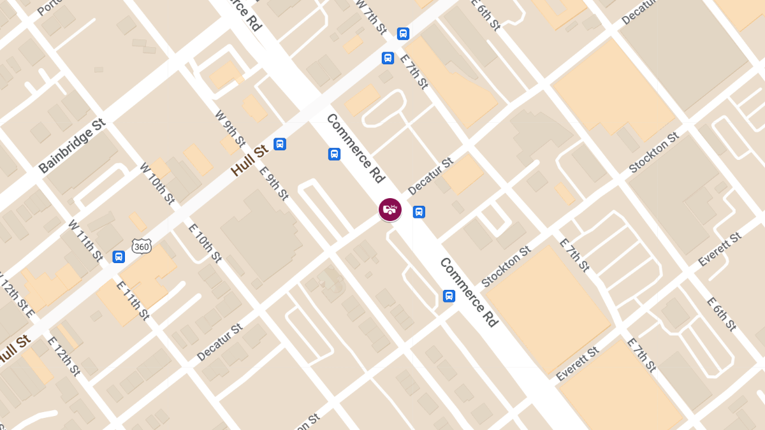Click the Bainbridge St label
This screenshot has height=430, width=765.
tap(71, 145)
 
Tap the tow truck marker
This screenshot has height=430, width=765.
tap(390, 209)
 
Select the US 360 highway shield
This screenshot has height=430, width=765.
tap(142, 245)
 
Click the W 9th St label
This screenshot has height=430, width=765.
tap(230, 127)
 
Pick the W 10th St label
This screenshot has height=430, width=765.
tap(157, 183)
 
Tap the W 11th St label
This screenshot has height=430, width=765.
tap(85, 240)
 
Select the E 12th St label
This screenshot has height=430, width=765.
tap(63, 356)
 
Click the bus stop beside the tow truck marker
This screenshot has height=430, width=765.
tap(419, 211)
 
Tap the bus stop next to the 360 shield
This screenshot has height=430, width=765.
tap(118, 256)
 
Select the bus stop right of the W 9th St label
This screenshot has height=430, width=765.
tap(279, 144)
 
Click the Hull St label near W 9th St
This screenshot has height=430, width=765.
tap(249, 161)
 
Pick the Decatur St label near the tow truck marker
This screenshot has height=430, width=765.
tap(430, 176)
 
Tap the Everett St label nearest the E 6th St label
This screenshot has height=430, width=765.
tap(720, 250)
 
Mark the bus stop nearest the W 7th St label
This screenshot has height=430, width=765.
tap(403, 34)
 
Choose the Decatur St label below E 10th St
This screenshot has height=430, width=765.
tap(220, 342)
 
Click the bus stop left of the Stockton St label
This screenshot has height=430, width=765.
tap(449, 296)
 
